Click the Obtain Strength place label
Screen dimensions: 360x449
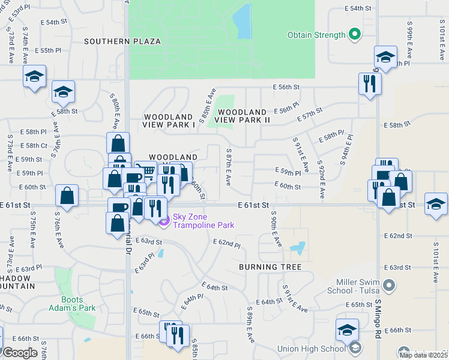316,35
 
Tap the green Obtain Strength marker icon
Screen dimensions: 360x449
355,34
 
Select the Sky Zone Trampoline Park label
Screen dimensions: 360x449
203,221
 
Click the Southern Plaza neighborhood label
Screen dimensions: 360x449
122,41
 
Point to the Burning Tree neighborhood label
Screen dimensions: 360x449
269,266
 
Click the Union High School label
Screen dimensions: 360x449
311,349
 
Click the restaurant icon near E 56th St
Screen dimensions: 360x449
370,83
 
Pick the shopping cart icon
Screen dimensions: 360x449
145,171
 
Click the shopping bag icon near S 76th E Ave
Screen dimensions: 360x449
67,195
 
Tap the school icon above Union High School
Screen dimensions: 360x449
347,329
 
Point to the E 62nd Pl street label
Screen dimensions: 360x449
227,244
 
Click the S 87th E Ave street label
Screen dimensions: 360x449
228,167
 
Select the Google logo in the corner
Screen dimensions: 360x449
20,352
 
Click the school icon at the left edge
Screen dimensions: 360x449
35,77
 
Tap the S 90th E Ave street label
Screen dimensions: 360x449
277,229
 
